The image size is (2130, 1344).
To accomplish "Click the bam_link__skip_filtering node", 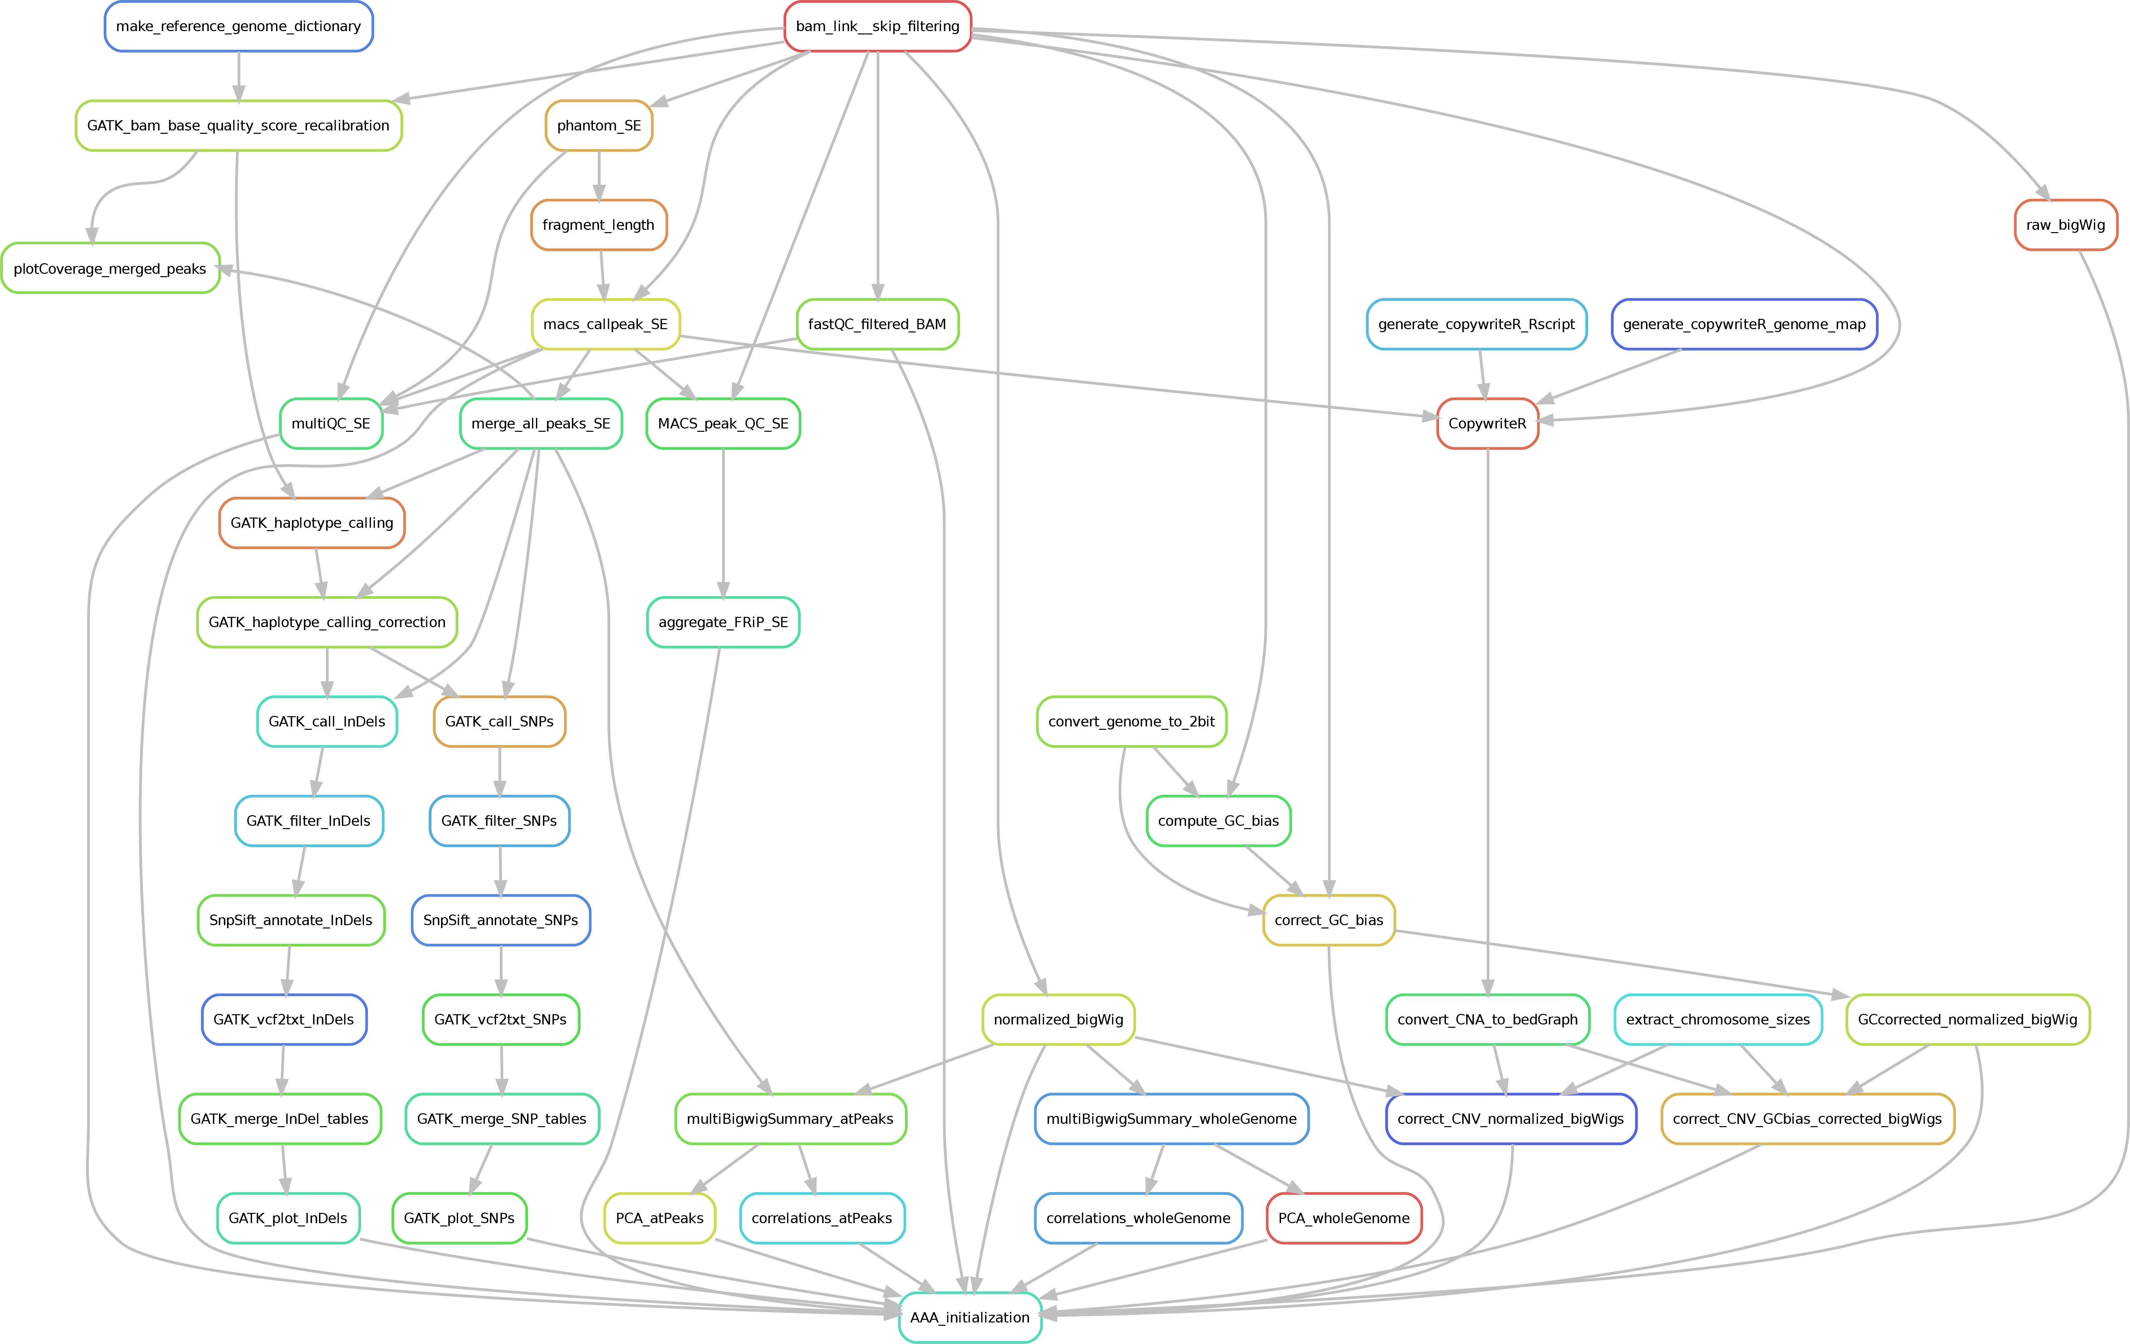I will pos(878,26).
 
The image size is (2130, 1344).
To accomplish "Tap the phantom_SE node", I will pos(599,125).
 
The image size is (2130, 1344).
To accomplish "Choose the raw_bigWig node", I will pos(2065,224).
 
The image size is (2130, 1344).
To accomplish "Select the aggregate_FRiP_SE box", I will pos(723,622).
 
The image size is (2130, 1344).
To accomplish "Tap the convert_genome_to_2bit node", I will pos(1131,722).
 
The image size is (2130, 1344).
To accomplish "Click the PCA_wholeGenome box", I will pos(1344,1219).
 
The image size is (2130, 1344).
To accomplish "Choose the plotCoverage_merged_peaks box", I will pos(110,269).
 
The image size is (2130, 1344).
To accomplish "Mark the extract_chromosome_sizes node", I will pos(1718,1020).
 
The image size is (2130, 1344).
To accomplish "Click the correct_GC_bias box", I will pos(1329,921).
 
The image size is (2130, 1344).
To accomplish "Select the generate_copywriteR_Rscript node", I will pos(1476,324).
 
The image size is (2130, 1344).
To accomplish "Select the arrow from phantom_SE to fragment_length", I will pos(599,175).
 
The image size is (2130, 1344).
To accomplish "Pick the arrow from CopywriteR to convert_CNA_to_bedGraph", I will pos(1488,721).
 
